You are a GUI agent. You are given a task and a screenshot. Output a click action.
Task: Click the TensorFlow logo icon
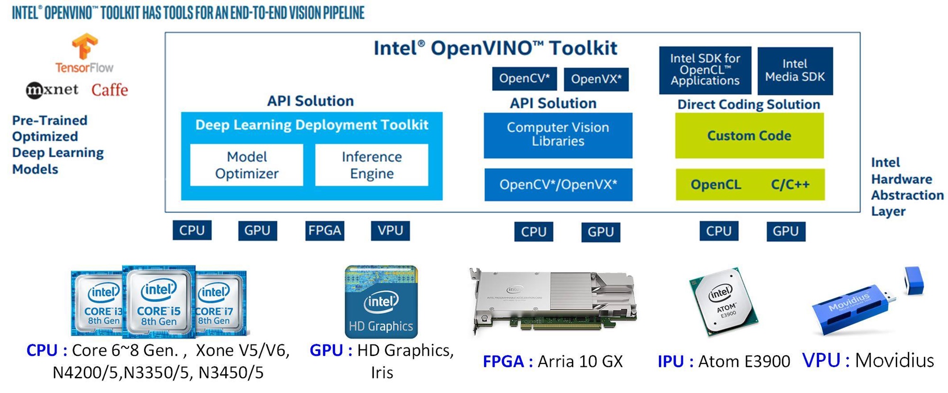coord(84,46)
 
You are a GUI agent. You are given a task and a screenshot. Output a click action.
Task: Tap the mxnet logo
coord(52,90)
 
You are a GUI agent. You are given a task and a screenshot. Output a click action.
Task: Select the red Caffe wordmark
coord(109,90)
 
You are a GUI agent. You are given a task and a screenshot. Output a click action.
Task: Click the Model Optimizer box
coord(246,165)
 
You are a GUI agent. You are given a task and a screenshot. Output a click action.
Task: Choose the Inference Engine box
coord(372,165)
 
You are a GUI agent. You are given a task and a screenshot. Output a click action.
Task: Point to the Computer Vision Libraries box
coord(558,135)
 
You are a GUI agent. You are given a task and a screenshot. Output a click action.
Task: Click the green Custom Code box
coord(749,136)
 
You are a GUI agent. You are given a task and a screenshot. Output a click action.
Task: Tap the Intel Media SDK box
coord(795,71)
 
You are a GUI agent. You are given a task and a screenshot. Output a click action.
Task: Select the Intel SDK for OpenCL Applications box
coord(705,70)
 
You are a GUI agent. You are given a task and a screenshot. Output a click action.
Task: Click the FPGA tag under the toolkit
coord(325,231)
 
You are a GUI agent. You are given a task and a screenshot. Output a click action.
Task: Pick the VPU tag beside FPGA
coord(390,231)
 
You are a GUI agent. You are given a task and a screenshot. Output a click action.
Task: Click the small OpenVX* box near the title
coord(596,79)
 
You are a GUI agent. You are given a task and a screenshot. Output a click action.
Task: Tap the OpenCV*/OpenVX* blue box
coord(558,184)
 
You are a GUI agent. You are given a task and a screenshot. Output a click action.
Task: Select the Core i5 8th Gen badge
coord(159,302)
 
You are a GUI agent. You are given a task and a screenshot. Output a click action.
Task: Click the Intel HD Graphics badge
coord(381,302)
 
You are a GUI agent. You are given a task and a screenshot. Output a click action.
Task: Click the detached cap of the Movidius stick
coord(914,280)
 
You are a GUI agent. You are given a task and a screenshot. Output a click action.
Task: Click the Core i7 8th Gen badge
coord(219,303)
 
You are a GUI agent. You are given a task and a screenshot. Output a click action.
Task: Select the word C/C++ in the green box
coord(790,184)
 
